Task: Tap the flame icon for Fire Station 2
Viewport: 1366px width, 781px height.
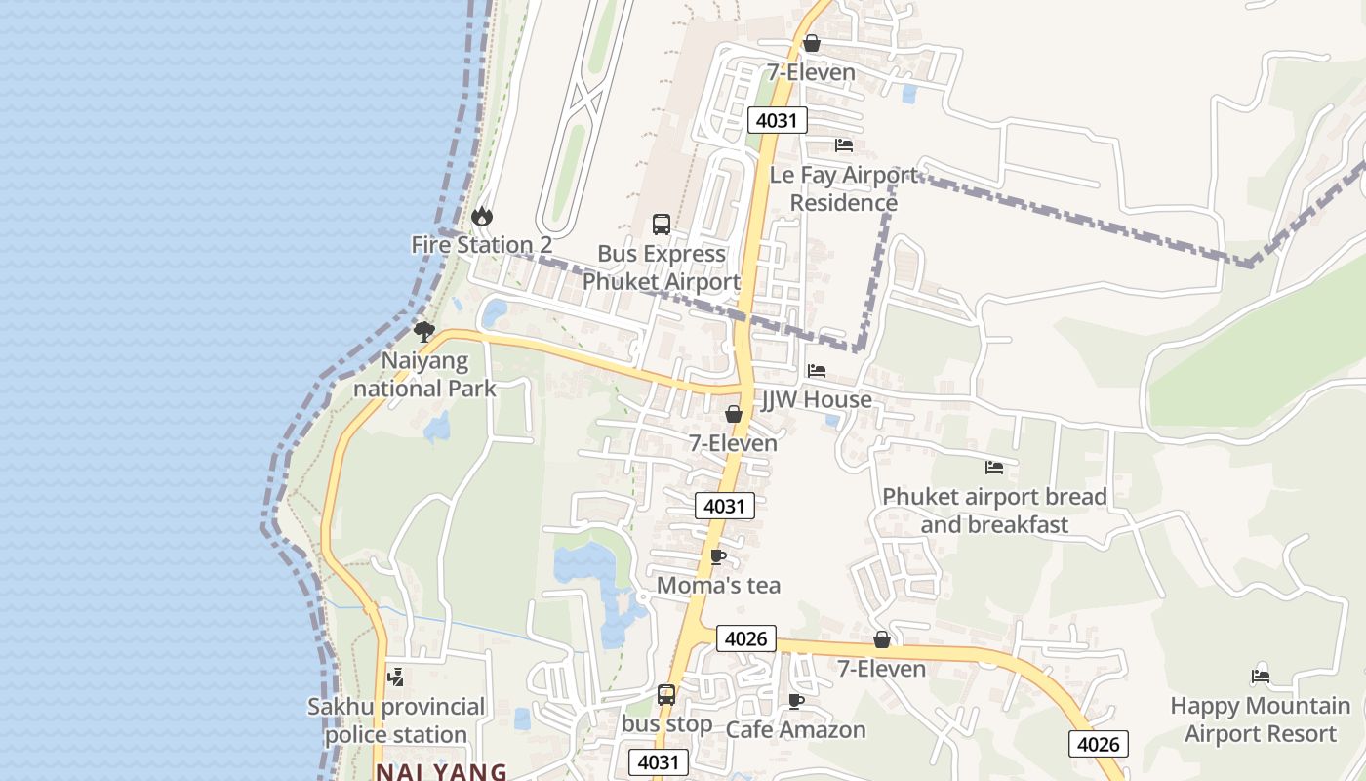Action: (x=482, y=216)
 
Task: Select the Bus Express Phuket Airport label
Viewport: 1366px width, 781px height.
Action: (x=662, y=267)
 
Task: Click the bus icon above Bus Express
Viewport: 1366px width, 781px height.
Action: (x=662, y=225)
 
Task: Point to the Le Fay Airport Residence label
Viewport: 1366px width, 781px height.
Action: (x=844, y=188)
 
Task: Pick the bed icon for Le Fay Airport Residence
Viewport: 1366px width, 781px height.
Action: (x=844, y=145)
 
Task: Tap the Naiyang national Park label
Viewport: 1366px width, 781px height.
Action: (x=424, y=375)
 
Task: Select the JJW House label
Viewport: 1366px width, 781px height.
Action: (x=817, y=399)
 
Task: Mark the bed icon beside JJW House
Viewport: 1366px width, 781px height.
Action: (x=817, y=371)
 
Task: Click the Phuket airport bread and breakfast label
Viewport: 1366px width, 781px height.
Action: (x=994, y=511)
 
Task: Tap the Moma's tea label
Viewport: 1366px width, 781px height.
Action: (x=719, y=585)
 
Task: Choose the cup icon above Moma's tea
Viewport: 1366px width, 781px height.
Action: (x=718, y=556)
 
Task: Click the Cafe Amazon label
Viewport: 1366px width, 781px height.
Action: (x=796, y=729)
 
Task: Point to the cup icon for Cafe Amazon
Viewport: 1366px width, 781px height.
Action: (x=796, y=701)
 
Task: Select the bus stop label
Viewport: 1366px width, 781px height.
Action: (x=667, y=723)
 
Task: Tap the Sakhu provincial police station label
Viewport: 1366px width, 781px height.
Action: (x=396, y=719)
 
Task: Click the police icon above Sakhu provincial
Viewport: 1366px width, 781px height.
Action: (x=395, y=676)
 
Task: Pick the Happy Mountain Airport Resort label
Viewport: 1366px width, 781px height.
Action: (x=1261, y=719)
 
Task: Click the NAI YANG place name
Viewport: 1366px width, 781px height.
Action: (x=441, y=771)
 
